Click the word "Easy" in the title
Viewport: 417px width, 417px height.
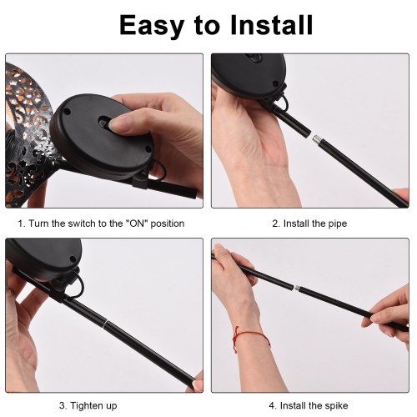coord(151,26)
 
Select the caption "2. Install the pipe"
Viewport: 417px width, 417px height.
coord(309,224)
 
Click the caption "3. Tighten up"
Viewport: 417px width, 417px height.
coord(88,405)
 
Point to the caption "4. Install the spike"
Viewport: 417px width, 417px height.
coord(309,405)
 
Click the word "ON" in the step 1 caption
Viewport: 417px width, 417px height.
coord(138,224)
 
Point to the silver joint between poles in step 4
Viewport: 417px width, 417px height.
coord(297,289)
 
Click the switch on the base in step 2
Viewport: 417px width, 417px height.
coord(255,58)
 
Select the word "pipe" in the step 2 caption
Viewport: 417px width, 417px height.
coord(338,224)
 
